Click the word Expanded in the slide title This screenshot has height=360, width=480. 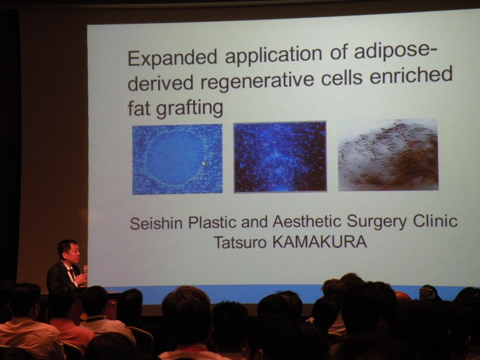tap(172, 57)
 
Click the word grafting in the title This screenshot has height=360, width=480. tap(189, 109)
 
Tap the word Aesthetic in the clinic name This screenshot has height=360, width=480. tap(307, 221)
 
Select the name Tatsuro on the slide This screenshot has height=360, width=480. tap(240, 242)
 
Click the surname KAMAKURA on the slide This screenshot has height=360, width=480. tap(320, 242)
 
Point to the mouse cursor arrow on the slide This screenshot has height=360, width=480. tap(204, 163)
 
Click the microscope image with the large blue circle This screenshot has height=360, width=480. tap(177, 159)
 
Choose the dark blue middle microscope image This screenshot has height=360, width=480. tap(280, 157)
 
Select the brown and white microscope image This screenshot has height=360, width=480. tap(388, 155)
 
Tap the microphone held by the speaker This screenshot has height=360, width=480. tap(85, 270)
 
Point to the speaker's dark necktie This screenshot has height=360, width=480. tap(72, 273)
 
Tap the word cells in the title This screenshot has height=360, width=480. tap(342, 78)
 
